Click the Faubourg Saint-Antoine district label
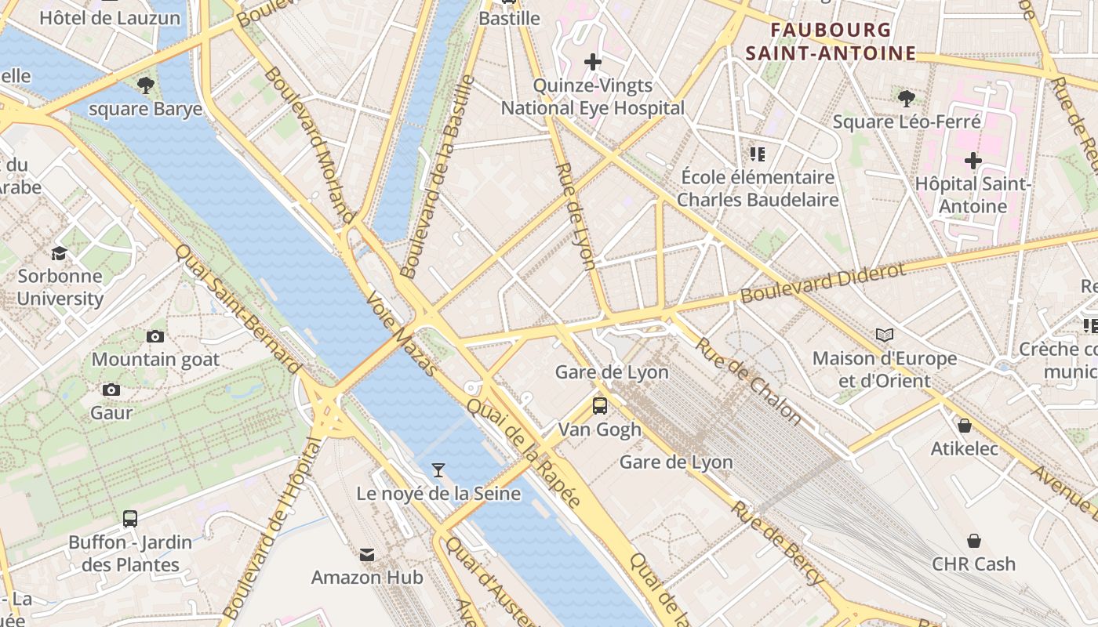831,42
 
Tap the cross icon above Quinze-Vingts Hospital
593,61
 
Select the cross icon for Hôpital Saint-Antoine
973,161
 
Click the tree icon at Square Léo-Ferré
907,98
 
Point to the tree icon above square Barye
145,85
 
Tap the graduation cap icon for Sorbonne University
60,253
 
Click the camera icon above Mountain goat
155,336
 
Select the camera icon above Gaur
111,390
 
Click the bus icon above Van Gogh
600,406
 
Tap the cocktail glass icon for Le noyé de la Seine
438,470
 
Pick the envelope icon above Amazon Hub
367,555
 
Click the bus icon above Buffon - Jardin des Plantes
130,519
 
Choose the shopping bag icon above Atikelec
965,426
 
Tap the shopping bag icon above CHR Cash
973,541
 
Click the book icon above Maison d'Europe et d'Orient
885,335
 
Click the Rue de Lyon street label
576,216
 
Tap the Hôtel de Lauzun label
110,17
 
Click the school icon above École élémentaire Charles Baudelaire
757,154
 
